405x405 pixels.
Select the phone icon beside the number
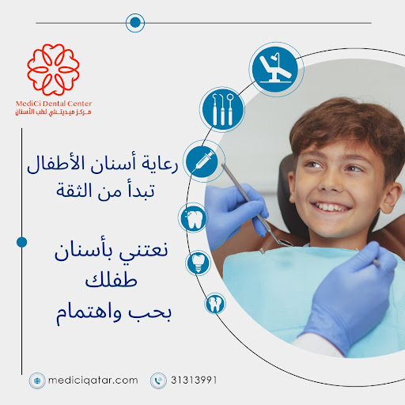pyautogui.click(x=158, y=380)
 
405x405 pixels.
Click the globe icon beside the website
pyautogui.click(x=37, y=380)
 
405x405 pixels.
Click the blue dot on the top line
pyautogui.click(x=135, y=23)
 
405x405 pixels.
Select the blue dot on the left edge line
pyautogui.click(x=22, y=240)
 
